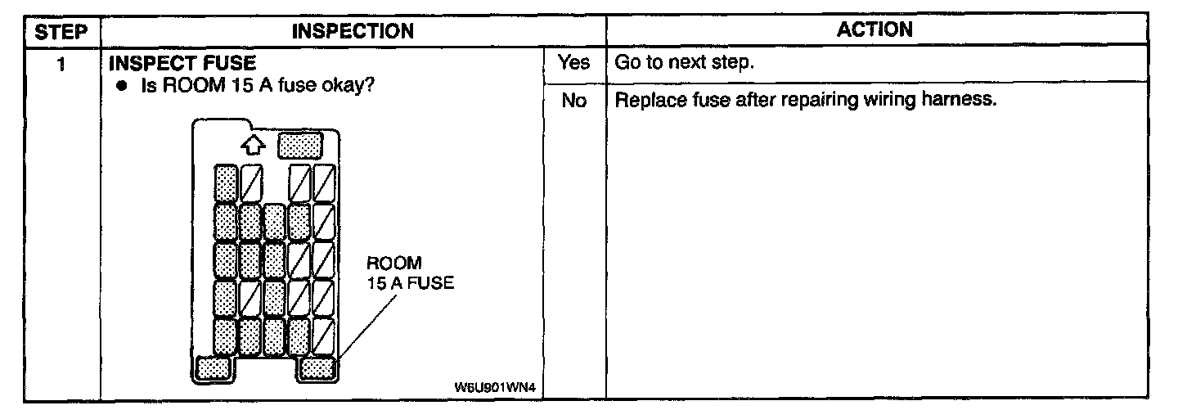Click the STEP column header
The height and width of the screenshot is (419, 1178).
[61, 31]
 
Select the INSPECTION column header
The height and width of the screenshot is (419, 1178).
[353, 31]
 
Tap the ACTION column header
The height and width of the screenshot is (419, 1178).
[875, 29]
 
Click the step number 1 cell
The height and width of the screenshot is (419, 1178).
[61, 63]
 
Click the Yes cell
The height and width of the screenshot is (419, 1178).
[573, 62]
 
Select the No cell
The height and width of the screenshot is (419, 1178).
[573, 101]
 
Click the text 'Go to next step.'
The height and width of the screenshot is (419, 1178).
[683, 63]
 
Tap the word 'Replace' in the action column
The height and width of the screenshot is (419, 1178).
[645, 101]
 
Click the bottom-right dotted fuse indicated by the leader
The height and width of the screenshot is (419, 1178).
[317, 368]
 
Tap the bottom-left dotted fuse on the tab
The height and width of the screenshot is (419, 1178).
[214, 368]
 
